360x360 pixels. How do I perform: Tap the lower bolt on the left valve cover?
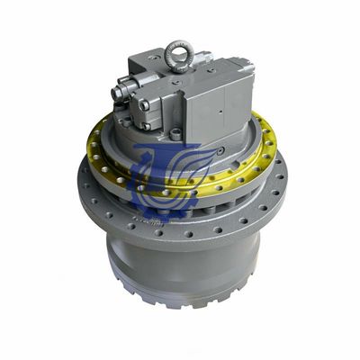pos(144,105)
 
